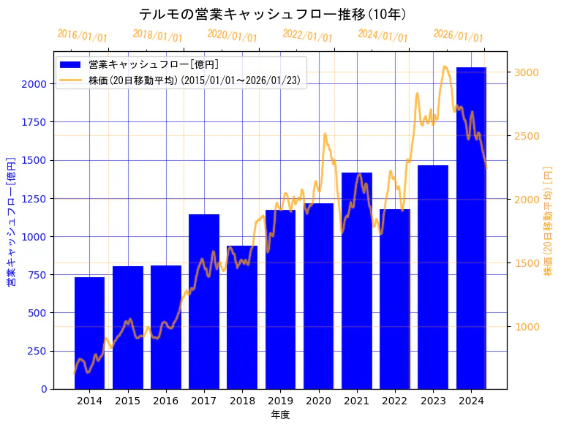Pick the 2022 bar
point(395,299)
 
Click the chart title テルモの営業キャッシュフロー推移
point(272,15)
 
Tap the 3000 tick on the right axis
point(527,72)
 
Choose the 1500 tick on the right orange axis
point(527,263)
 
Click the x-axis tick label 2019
point(280,401)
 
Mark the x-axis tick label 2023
point(433,401)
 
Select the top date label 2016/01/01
point(83,36)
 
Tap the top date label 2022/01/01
point(308,36)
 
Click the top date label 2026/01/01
point(459,36)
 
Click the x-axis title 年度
point(280,415)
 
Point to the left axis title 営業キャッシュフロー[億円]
point(11,220)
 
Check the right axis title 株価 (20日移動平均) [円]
point(548,220)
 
